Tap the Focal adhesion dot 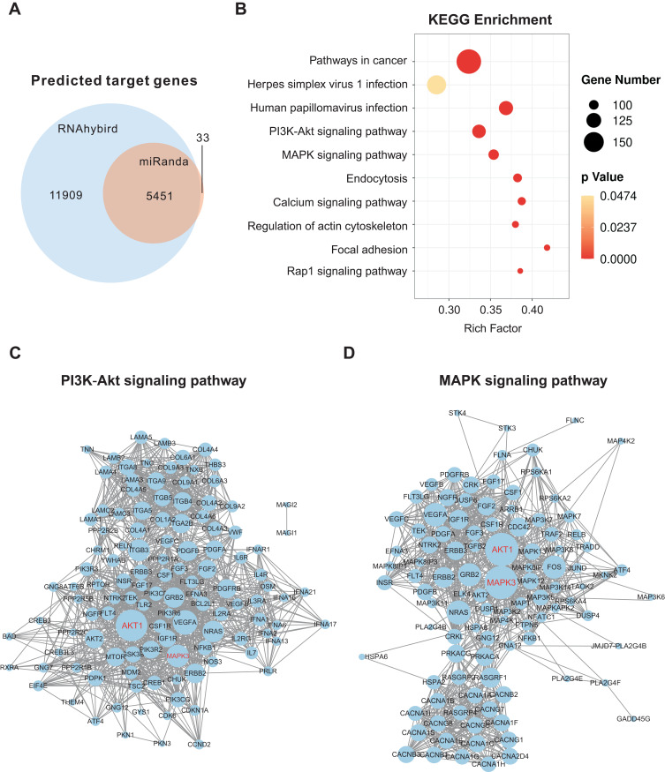point(548,248)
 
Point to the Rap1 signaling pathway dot point(520,271)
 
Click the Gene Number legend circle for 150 point(592,141)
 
